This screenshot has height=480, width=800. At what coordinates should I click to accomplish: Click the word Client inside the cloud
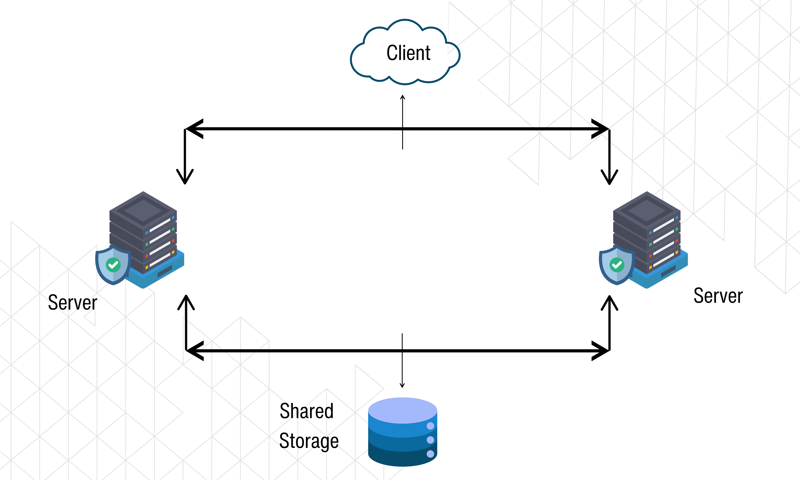[x=408, y=53]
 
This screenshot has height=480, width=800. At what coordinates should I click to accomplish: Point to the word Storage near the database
[x=309, y=441]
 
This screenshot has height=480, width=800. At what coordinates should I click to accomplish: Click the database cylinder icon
[x=403, y=432]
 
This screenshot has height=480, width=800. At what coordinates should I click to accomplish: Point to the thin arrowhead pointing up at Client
[x=403, y=97]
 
